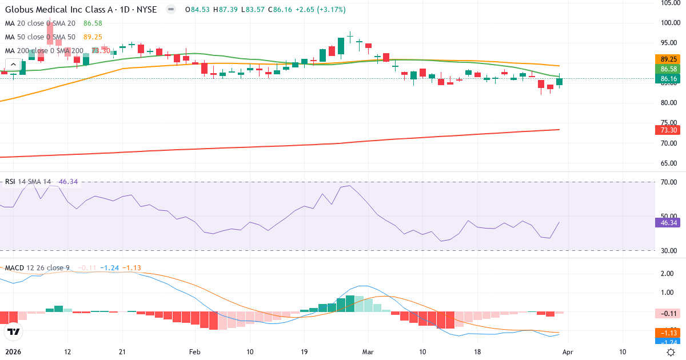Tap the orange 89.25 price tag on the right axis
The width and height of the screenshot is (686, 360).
(669, 59)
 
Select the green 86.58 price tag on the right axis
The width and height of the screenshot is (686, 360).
(669, 69)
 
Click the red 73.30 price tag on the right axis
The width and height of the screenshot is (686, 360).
(669, 130)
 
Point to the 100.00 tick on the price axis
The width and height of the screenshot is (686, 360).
(669, 23)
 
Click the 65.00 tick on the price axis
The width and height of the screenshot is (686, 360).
(669, 163)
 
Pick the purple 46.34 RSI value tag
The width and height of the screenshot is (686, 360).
(669, 223)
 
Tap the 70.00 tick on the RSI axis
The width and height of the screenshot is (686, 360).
(669, 182)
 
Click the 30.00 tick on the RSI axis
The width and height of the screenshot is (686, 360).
(669, 251)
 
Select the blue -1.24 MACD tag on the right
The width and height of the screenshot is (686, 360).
(669, 342)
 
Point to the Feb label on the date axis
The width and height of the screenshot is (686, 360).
(196, 352)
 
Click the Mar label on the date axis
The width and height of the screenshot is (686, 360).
(368, 352)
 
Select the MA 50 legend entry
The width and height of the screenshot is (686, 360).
(40, 37)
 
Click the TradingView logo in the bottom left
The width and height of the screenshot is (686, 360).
(13, 331)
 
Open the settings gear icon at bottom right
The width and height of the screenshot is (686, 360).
(670, 352)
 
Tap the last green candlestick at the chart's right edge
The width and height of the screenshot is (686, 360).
(559, 82)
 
